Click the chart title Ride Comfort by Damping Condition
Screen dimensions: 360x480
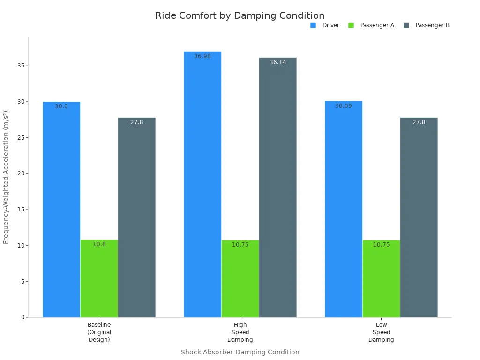(240, 15)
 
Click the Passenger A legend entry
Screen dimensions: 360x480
(371, 25)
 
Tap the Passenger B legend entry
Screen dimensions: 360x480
(427, 25)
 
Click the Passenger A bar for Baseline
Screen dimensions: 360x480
(99, 278)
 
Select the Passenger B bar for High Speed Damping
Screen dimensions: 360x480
(277, 187)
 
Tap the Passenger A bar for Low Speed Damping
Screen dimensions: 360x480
(381, 278)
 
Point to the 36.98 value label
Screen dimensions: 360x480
(202, 56)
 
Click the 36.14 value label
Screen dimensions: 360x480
(277, 62)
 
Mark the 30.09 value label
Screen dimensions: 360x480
(344, 106)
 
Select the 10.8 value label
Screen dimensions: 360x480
(99, 244)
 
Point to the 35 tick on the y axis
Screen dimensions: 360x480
(21, 66)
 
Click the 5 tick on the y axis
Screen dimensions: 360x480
(22, 281)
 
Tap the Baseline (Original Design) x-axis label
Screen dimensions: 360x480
(99, 332)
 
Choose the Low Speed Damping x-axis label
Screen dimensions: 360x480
(381, 332)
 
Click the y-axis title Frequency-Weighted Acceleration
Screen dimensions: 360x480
(6, 177)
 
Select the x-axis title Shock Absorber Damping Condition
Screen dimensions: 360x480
(240, 352)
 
